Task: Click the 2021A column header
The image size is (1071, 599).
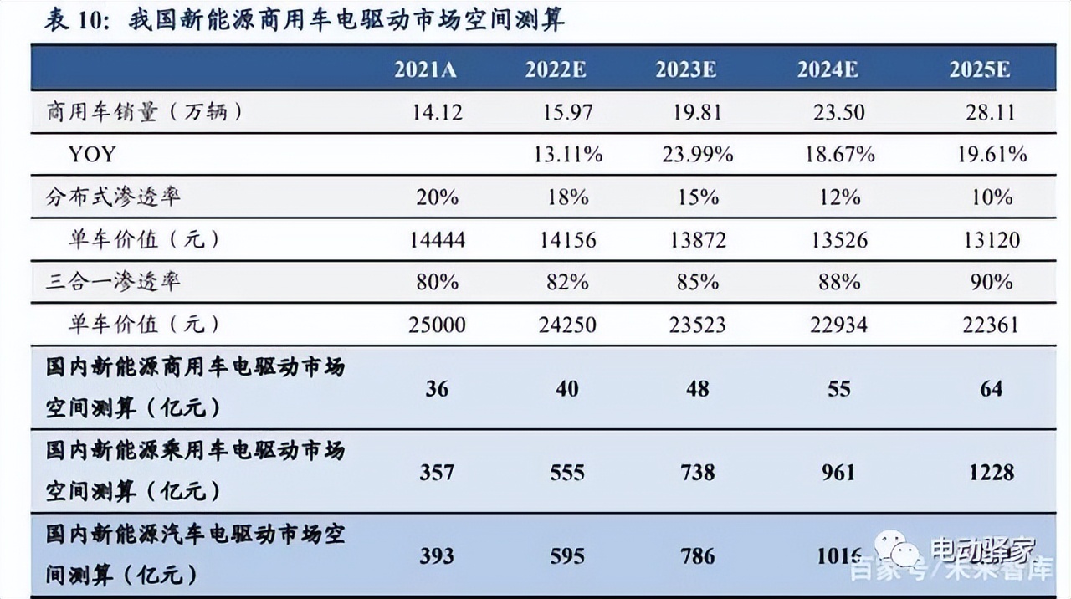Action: (425, 69)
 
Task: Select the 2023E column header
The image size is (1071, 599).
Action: (685, 69)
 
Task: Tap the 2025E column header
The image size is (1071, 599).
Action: (979, 69)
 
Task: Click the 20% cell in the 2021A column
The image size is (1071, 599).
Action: (437, 197)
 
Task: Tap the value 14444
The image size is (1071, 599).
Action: (438, 240)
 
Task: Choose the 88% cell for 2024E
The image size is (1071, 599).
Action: (839, 282)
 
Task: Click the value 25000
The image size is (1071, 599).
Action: (438, 325)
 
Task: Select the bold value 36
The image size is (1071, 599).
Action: (437, 389)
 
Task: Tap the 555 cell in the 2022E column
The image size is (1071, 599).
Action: (567, 473)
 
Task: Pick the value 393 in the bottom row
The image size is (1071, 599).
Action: (437, 555)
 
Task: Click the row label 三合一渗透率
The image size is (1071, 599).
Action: (113, 282)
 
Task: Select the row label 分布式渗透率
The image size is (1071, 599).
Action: (113, 197)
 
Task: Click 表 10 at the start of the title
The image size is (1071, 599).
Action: (74, 20)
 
